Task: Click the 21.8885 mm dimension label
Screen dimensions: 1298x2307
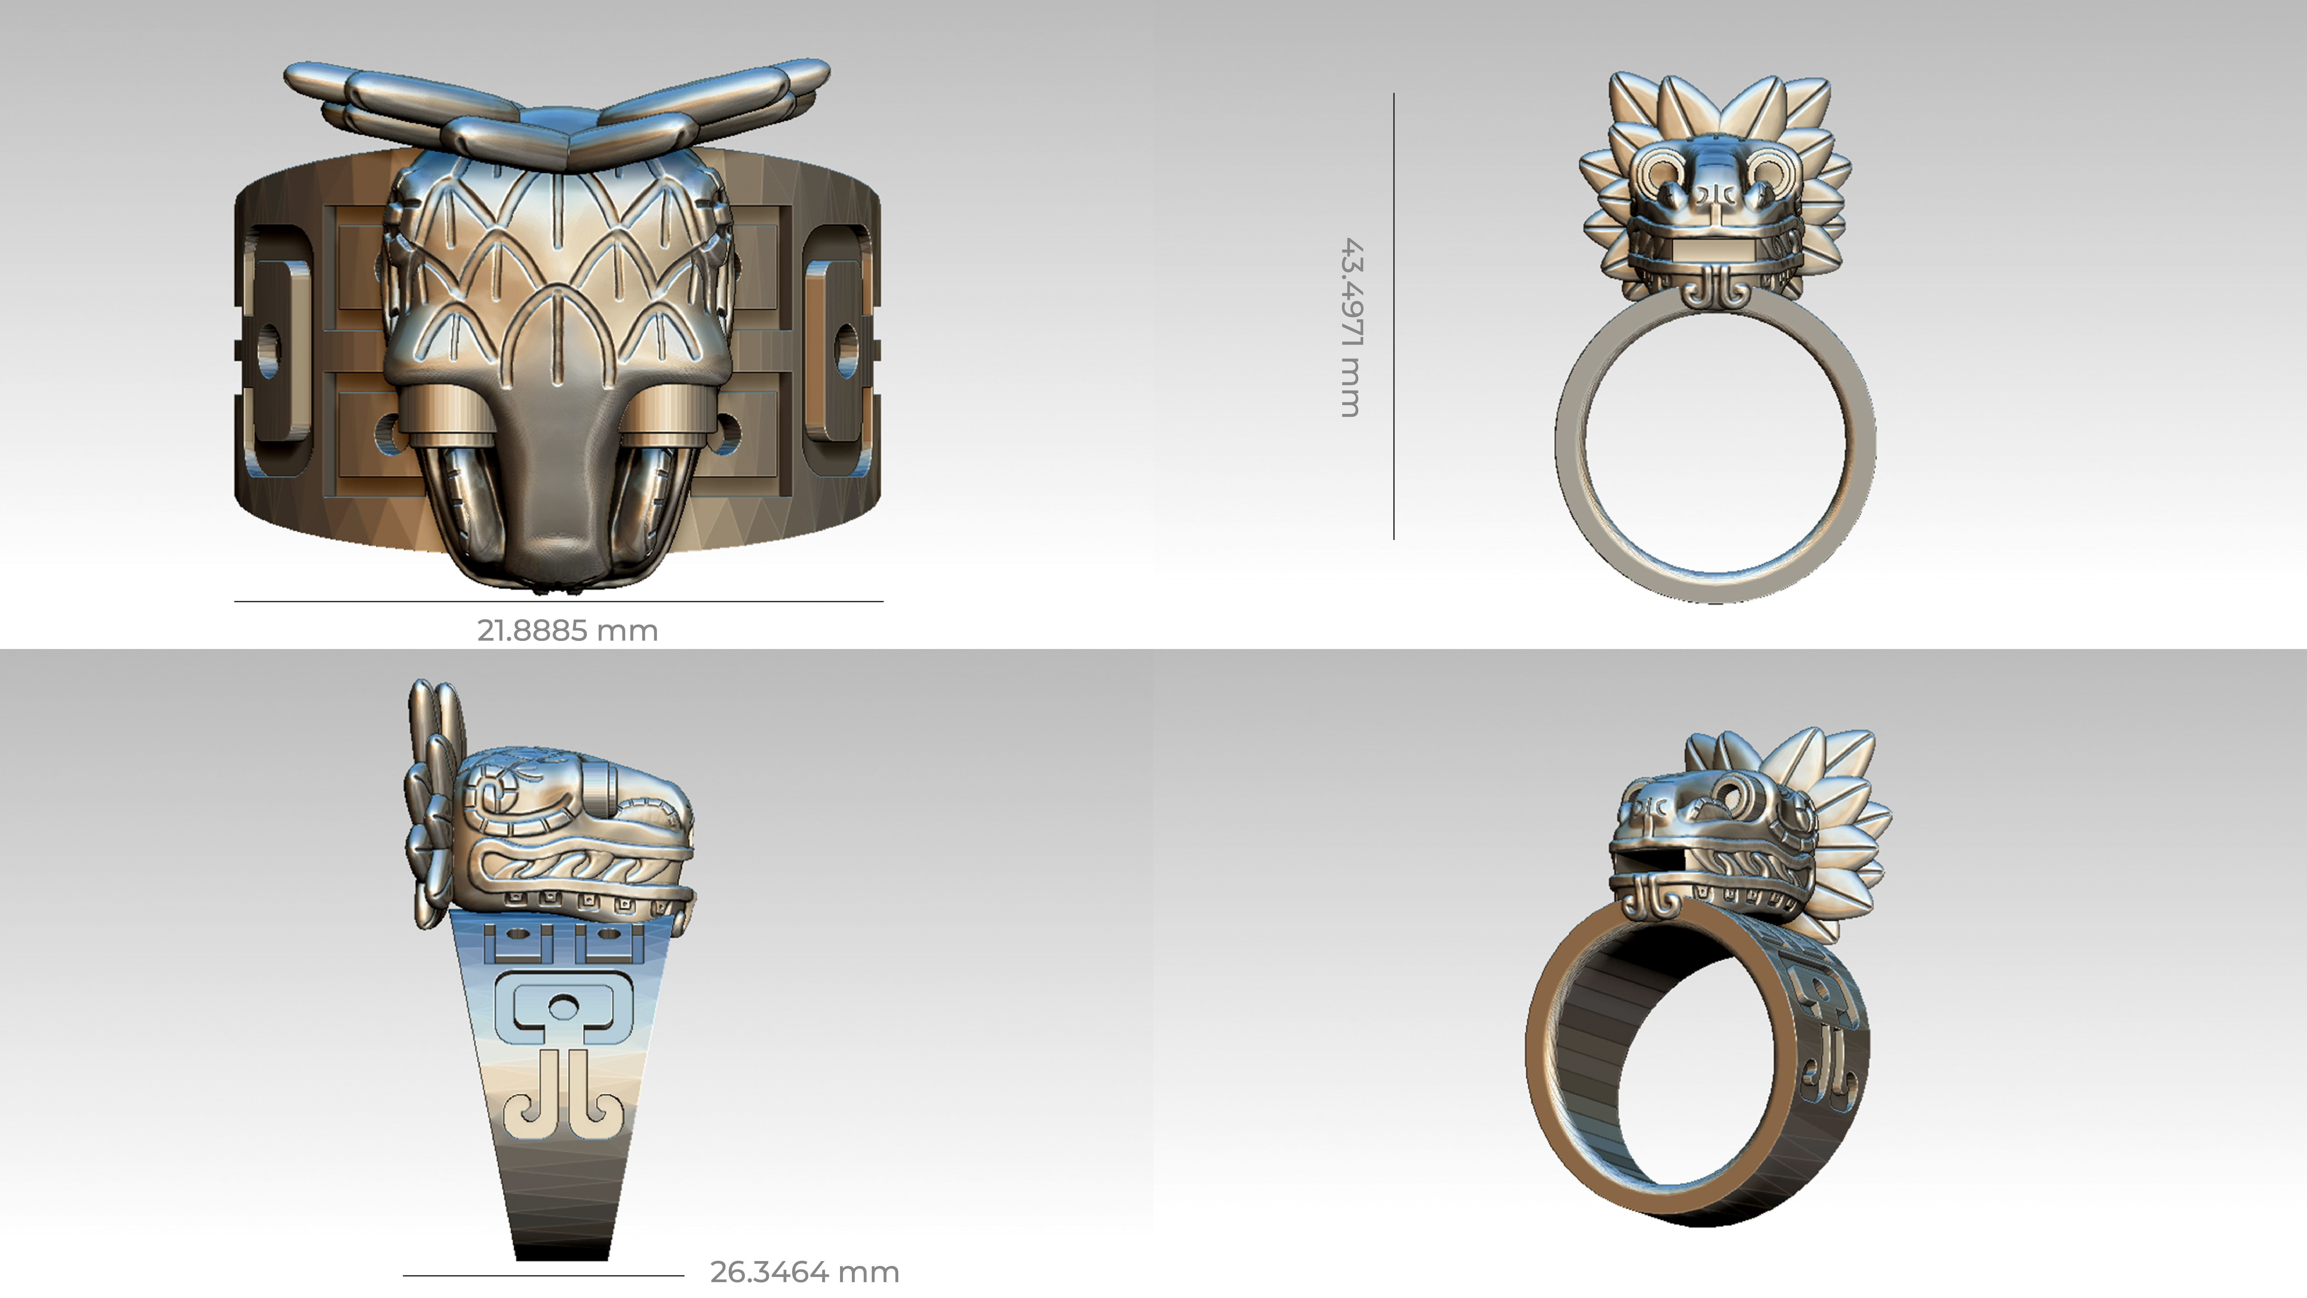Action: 567,631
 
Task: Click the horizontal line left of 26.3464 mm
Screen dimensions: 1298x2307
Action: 543,1275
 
